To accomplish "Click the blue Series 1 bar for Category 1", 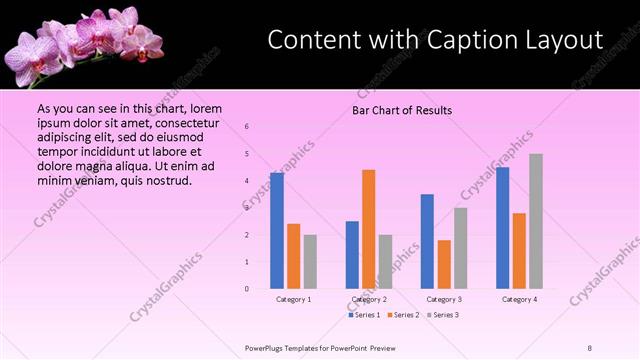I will point(277,231).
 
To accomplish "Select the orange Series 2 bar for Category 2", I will point(369,229).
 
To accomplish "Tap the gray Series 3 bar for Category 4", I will point(536,221).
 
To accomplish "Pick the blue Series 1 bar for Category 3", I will point(428,241).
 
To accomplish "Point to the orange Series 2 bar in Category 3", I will point(444,264).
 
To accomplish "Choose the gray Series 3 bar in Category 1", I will point(310,261).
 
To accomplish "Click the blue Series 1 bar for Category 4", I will point(503,228).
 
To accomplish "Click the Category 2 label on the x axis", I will point(368,299).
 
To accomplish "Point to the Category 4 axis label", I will point(519,299).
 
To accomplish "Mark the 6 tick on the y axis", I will point(247,127).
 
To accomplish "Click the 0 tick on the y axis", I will point(247,289).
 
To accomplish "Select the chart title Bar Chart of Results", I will point(402,110).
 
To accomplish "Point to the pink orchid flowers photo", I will point(85,43).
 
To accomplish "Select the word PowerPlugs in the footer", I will point(267,348).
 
